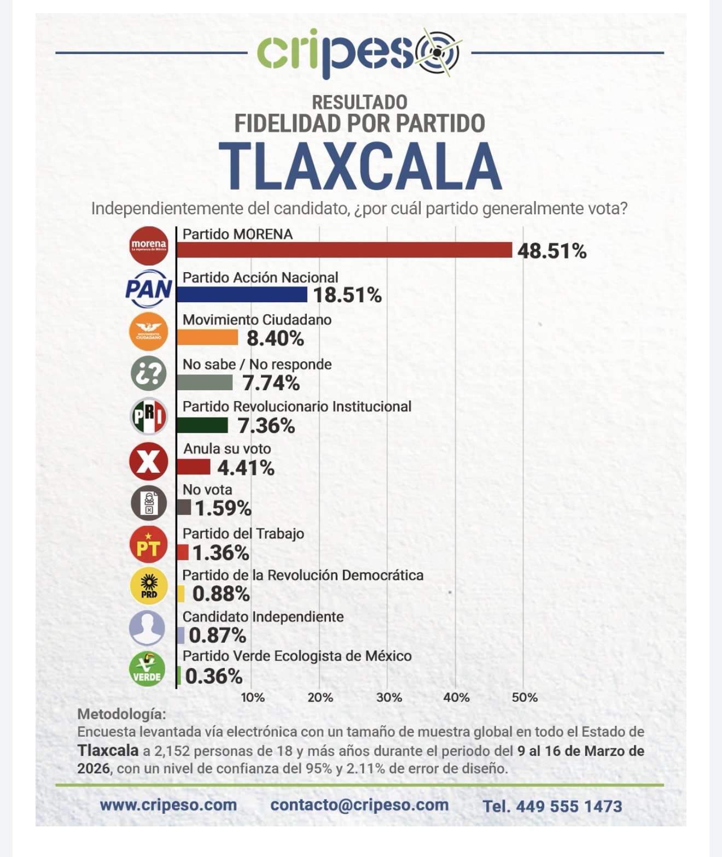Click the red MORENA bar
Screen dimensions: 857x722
tap(344, 250)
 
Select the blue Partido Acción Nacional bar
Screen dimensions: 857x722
tap(242, 295)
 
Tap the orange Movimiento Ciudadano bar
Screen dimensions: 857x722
tap(207, 338)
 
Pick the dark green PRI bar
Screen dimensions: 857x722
tap(202, 425)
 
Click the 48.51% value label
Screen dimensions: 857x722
tap(552, 251)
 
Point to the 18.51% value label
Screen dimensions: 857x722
tap(347, 295)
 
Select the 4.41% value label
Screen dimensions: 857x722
tap(246, 468)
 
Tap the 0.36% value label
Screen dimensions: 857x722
tap(213, 676)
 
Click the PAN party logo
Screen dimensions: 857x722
tap(148, 288)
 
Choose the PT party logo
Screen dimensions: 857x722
tap(148, 545)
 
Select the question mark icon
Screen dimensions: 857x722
tap(148, 373)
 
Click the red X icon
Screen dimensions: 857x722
tap(148, 460)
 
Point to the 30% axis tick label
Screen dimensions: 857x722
tap(389, 697)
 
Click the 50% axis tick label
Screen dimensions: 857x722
tap(525, 697)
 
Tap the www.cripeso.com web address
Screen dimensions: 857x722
tap(168, 805)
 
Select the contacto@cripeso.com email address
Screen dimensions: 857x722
tap(359, 805)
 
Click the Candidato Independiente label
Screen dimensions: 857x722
tap(263, 617)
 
